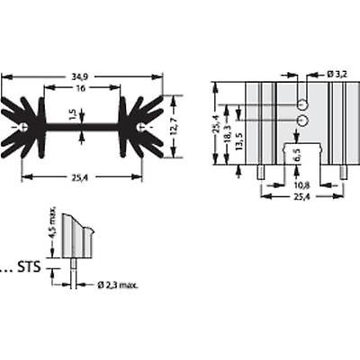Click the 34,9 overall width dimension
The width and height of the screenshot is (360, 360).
82,79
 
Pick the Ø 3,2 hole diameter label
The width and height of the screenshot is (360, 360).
326,73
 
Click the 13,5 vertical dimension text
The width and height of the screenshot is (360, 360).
239,143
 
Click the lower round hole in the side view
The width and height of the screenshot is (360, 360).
301,121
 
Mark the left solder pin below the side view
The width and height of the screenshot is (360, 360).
260,170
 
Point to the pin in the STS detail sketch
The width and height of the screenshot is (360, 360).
71,269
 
